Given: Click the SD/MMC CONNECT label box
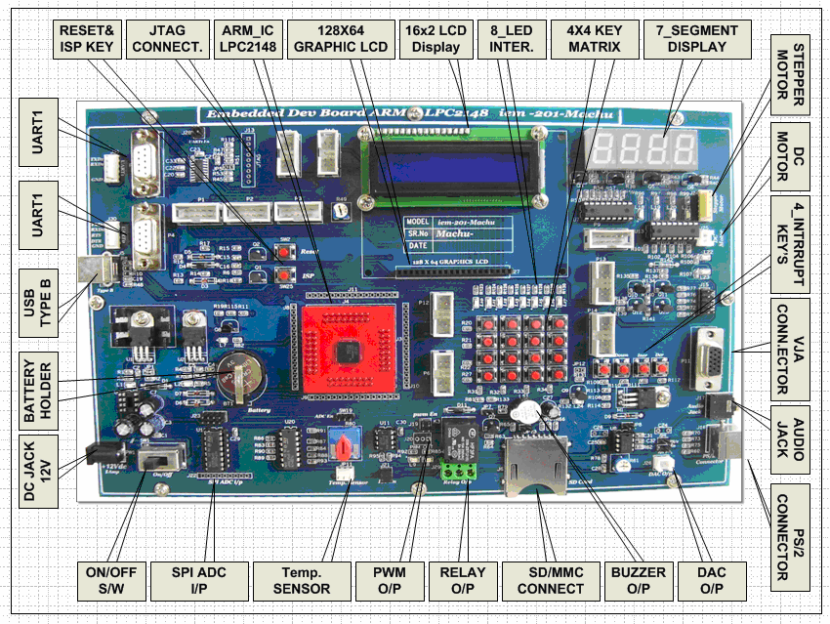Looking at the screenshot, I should coord(544,580).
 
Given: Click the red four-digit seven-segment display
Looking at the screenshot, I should coord(642,148).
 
